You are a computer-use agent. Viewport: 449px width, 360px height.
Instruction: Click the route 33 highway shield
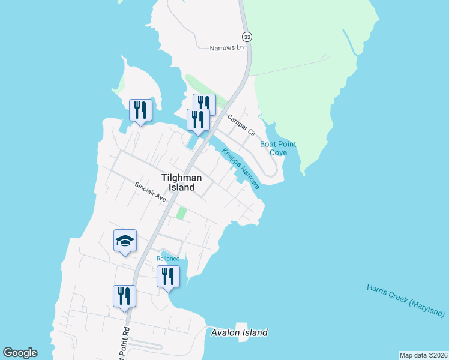click(247, 37)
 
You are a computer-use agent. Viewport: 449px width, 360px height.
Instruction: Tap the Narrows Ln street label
click(228, 48)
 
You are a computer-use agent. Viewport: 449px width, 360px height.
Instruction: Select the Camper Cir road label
click(241, 124)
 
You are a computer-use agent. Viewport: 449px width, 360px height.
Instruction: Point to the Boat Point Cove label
click(278, 148)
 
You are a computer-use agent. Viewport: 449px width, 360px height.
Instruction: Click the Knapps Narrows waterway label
click(241, 169)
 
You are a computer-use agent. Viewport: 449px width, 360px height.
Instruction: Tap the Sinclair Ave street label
click(150, 192)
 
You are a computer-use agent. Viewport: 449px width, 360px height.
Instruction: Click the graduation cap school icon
click(125, 241)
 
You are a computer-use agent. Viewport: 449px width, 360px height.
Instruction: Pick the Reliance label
click(168, 259)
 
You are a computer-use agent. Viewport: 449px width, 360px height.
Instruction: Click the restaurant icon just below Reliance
click(168, 277)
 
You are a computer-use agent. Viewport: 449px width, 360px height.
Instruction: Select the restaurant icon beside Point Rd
click(124, 296)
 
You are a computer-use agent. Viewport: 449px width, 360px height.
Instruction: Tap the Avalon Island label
click(240, 332)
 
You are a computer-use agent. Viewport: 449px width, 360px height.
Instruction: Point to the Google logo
click(20, 353)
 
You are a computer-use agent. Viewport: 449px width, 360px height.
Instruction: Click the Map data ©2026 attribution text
click(423, 355)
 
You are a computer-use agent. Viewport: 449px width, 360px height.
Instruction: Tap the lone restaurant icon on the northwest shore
click(140, 110)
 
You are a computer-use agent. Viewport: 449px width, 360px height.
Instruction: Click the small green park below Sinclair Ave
click(181, 213)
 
